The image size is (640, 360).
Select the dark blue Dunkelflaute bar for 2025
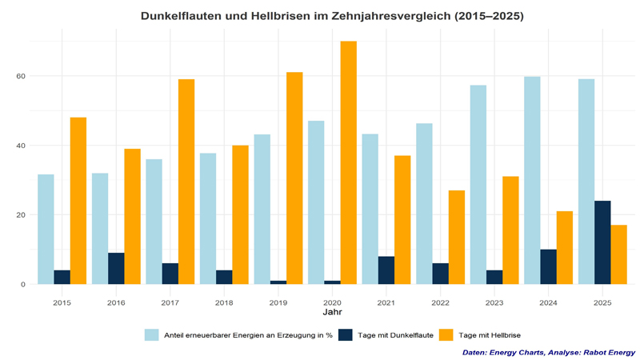[602, 242]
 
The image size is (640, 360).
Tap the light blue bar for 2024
[532, 180]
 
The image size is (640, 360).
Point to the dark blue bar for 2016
[116, 269]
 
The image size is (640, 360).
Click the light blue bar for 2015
[46, 229]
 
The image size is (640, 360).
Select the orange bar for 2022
[456, 237]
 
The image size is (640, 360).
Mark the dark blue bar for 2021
[386, 270]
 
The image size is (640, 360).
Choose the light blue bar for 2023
[478, 184]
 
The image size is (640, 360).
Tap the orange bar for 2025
[618, 254]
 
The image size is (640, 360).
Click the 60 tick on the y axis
[21, 76]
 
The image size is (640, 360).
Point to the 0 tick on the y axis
[23, 284]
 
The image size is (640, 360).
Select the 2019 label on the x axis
[278, 303]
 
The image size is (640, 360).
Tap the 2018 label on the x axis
[224, 303]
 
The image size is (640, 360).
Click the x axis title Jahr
[332, 314]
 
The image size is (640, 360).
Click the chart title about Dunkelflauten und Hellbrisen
[332, 15]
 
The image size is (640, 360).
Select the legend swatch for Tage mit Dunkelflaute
[345, 334]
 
